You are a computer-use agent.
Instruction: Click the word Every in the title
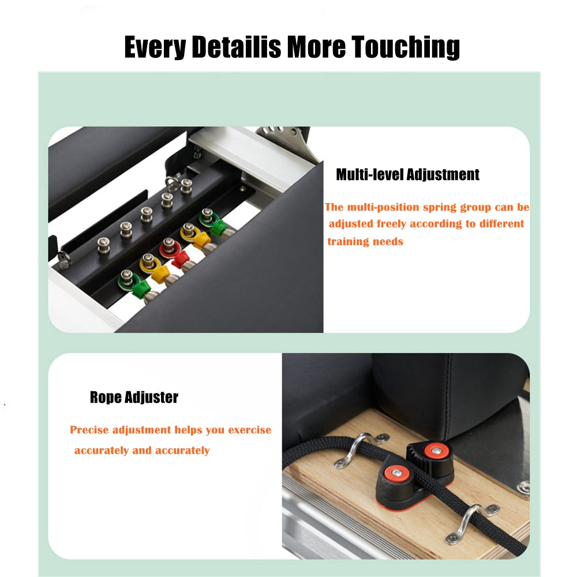155,47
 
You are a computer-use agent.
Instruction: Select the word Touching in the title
406,47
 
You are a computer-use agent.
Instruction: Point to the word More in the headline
316,46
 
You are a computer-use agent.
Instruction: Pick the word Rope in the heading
106,398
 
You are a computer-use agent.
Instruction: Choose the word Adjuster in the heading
151,398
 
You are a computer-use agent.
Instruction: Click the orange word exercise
249,430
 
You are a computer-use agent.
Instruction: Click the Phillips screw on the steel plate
523,486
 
